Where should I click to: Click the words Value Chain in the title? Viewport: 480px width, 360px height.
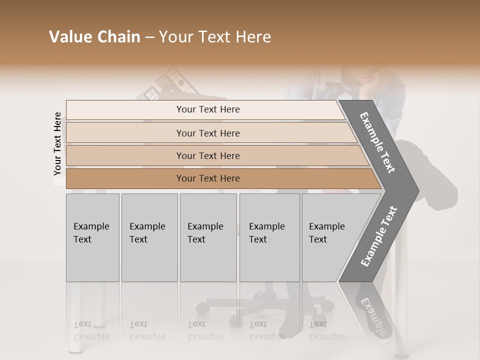(x=94, y=37)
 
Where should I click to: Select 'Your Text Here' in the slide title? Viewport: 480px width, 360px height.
(x=215, y=37)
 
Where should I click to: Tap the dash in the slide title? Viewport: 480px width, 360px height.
(x=149, y=37)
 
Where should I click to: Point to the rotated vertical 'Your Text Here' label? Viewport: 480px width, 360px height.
(x=57, y=144)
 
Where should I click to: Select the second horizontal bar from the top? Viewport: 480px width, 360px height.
(x=207, y=133)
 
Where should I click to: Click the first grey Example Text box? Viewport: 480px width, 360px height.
(x=92, y=237)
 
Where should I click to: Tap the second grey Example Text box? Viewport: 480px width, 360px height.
(x=149, y=237)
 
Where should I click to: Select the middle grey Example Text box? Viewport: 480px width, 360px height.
(x=208, y=237)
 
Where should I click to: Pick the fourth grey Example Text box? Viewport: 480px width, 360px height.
(x=269, y=237)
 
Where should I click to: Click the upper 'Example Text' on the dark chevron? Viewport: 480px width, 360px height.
(x=377, y=142)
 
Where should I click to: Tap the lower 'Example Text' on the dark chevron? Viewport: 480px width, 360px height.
(x=378, y=236)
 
